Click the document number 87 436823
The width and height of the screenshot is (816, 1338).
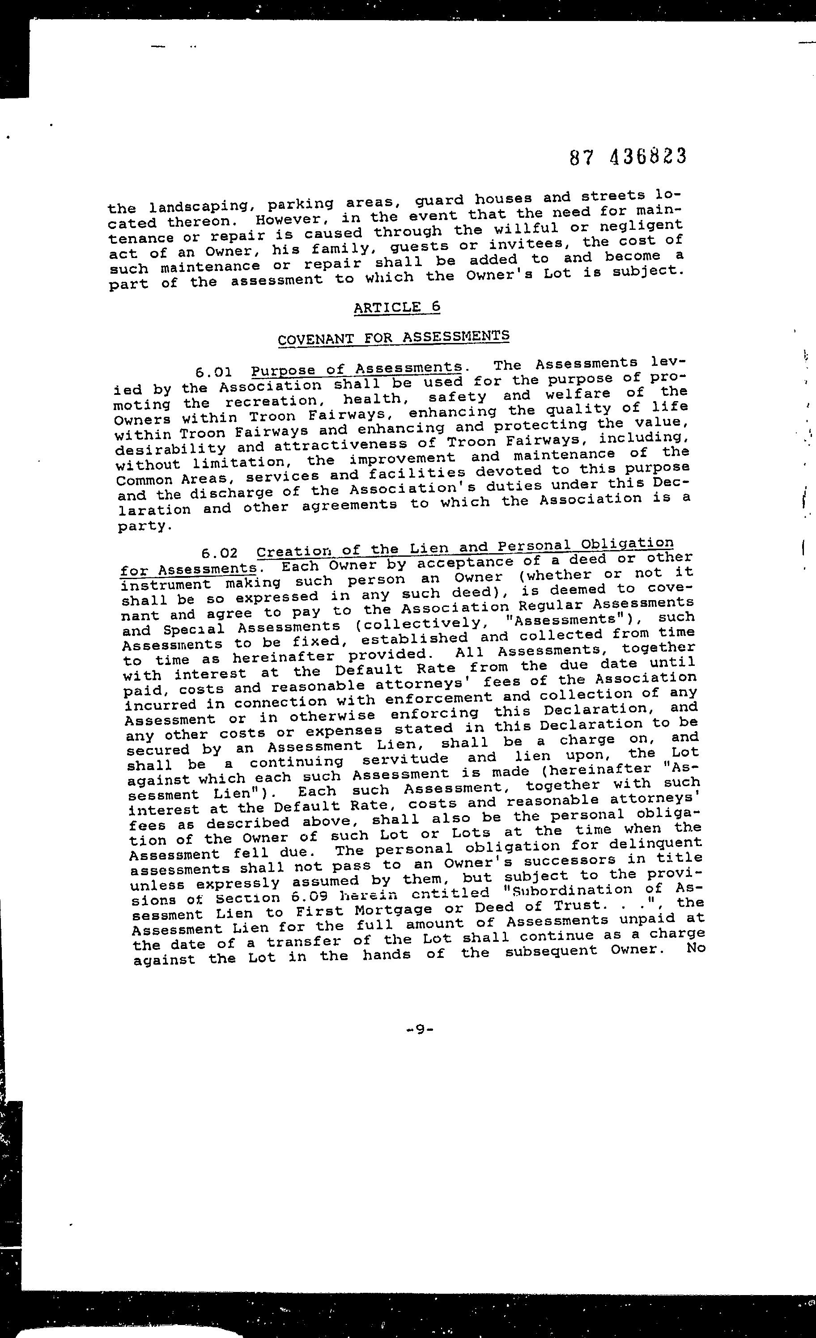[x=628, y=157]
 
